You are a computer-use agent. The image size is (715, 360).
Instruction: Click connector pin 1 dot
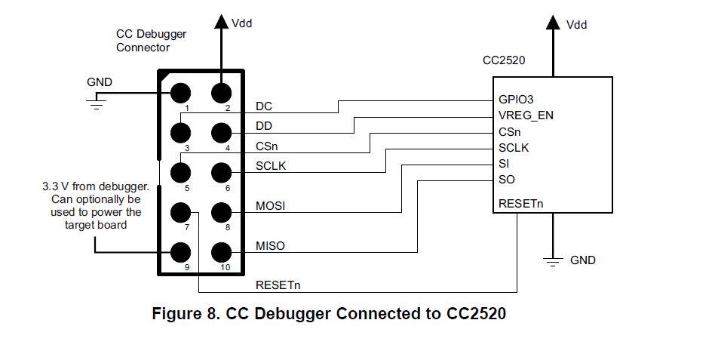[x=180, y=94]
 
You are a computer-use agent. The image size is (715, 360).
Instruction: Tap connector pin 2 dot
[x=221, y=94]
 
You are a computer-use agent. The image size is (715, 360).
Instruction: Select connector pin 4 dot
[x=221, y=134]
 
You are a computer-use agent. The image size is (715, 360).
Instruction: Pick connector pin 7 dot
[x=180, y=212]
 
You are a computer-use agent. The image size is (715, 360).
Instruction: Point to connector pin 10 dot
[x=221, y=251]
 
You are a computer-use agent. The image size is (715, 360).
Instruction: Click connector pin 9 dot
[x=180, y=251]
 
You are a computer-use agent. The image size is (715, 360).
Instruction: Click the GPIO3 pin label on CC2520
[x=517, y=99]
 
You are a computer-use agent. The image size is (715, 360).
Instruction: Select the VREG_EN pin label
[x=526, y=115]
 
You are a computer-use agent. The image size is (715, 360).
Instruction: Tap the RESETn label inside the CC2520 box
[x=520, y=204]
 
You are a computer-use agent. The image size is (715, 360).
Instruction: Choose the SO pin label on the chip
[x=507, y=180]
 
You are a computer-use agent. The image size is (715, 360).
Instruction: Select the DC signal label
[x=264, y=106]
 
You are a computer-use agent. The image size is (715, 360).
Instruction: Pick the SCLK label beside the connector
[x=272, y=166]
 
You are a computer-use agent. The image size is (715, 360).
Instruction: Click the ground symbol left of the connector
[x=95, y=103]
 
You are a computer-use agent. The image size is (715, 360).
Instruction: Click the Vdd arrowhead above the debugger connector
[x=221, y=22]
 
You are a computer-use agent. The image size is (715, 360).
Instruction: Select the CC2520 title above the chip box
[x=503, y=60]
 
